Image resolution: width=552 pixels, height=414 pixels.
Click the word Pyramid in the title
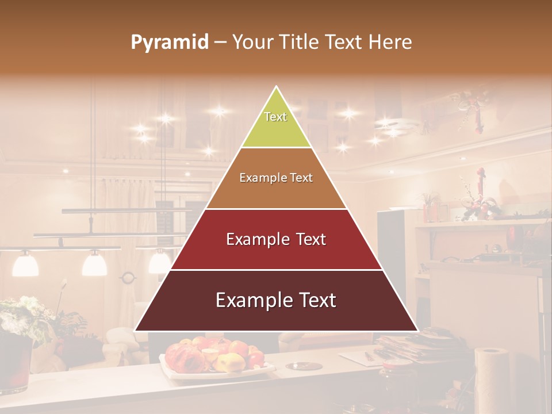pos(169,43)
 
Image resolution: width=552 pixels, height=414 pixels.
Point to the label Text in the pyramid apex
pos(275,117)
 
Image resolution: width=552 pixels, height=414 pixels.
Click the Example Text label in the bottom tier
pos(276,300)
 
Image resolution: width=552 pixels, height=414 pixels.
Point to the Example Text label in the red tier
pos(276,239)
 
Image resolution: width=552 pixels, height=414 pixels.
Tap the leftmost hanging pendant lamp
pos(25,264)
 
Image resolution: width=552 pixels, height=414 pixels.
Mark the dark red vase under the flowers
pos(14,365)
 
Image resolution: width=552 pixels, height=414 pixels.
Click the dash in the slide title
pos(220,43)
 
